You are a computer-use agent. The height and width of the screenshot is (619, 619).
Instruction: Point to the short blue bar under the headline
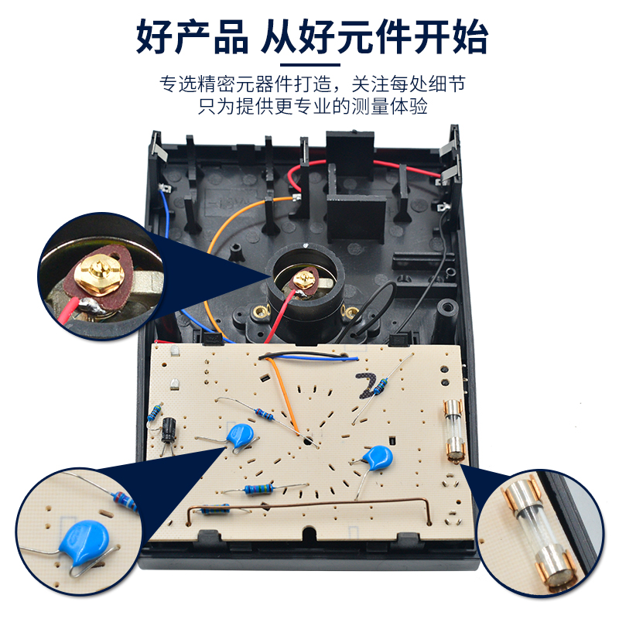click(x=309, y=64)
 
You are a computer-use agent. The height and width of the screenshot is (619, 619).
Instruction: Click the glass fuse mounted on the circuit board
click(x=453, y=431)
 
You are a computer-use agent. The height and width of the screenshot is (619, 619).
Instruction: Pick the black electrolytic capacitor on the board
click(x=169, y=428)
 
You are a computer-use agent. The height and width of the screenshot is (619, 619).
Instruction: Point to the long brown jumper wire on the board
click(x=309, y=504)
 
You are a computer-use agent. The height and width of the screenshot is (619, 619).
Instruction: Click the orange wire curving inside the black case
click(x=221, y=232)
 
